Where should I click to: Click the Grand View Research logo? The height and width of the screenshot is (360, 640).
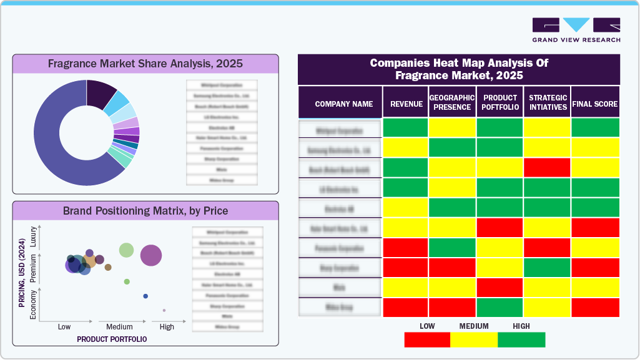click(x=576, y=29)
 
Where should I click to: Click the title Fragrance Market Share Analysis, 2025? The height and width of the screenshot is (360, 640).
click(x=145, y=64)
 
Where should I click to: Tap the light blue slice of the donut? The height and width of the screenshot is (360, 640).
click(x=116, y=102)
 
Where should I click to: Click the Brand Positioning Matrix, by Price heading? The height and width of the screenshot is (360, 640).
click(x=145, y=210)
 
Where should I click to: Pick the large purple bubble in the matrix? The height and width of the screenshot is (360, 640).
click(x=151, y=255)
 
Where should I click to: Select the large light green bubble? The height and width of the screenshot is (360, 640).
click(x=127, y=250)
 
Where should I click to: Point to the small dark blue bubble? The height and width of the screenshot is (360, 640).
click(x=145, y=296)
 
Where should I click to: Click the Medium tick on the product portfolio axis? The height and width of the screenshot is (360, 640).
click(x=119, y=326)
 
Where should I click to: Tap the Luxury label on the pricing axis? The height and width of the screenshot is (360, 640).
click(x=34, y=238)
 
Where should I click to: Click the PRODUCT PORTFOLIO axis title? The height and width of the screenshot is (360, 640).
click(x=112, y=339)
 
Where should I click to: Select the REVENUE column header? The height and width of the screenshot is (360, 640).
click(x=406, y=104)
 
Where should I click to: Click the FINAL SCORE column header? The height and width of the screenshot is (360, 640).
click(x=595, y=104)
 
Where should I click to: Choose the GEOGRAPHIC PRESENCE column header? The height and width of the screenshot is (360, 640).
click(x=452, y=102)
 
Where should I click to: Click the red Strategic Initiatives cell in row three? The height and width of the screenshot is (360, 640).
click(x=547, y=167)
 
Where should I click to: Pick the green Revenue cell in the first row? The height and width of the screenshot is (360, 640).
click(x=405, y=127)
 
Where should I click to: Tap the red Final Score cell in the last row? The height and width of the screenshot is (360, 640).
click(x=595, y=307)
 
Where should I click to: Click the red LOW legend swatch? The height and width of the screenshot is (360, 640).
click(x=427, y=339)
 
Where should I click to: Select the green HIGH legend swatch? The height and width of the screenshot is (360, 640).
click(x=521, y=339)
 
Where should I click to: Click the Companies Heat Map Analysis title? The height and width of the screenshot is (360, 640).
click(x=459, y=69)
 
